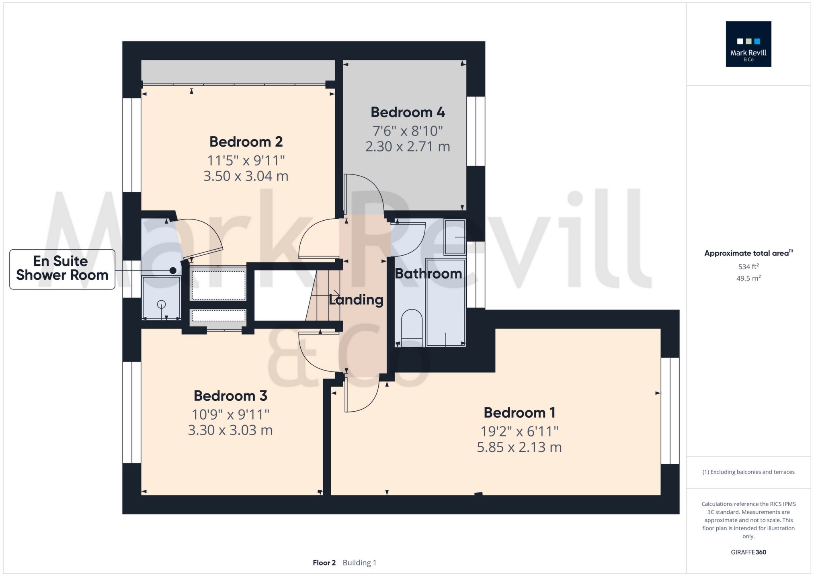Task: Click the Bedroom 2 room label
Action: pyautogui.click(x=246, y=142)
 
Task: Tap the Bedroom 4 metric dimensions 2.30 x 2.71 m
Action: pyautogui.click(x=407, y=147)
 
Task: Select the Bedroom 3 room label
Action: pyautogui.click(x=230, y=396)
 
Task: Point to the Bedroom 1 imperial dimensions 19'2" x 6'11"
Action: pyautogui.click(x=519, y=432)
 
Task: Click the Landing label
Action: pyautogui.click(x=356, y=300)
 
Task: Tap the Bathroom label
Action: pyautogui.click(x=428, y=274)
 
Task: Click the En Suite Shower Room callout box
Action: pyautogui.click(x=62, y=269)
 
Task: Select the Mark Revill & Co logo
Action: pyautogui.click(x=748, y=44)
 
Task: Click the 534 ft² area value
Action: pyautogui.click(x=748, y=266)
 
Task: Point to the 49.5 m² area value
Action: pyautogui.click(x=748, y=278)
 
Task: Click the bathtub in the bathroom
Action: pyautogui.click(x=445, y=302)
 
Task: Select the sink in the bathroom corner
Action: pyautogui.click(x=455, y=237)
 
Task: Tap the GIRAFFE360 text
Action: pyautogui.click(x=748, y=552)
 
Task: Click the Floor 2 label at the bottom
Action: pyautogui.click(x=324, y=563)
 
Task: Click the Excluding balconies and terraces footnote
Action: pyautogui.click(x=748, y=472)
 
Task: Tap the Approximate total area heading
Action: pyautogui.click(x=747, y=253)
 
